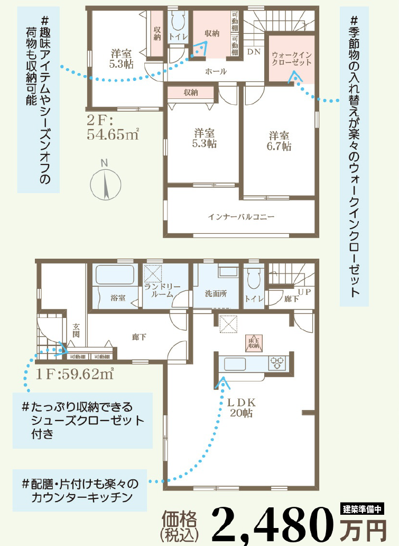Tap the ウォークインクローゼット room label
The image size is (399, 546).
(x=292, y=59)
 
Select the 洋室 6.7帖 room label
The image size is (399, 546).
(x=279, y=141)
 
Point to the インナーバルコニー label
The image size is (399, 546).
(x=241, y=217)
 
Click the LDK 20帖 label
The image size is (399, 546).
(x=242, y=408)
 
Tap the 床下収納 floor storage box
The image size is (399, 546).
(x=254, y=343)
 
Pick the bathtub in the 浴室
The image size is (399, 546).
(x=115, y=275)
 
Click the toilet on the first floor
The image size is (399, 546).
(x=254, y=278)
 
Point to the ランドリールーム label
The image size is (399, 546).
(x=162, y=290)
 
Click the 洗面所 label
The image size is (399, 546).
(x=216, y=294)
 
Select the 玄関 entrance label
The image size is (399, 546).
(x=76, y=330)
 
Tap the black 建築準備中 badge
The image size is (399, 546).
(x=362, y=509)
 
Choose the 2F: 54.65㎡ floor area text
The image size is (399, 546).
(x=113, y=128)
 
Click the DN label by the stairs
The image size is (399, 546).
(x=254, y=51)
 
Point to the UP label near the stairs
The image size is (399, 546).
(x=305, y=292)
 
